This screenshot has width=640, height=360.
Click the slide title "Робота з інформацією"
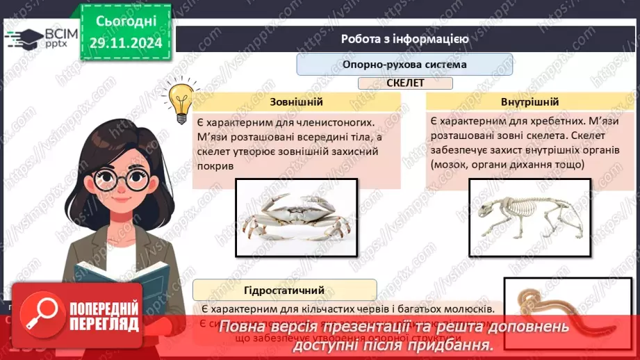404,39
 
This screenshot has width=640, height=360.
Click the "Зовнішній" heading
297,102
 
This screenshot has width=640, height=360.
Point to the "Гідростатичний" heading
285,289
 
